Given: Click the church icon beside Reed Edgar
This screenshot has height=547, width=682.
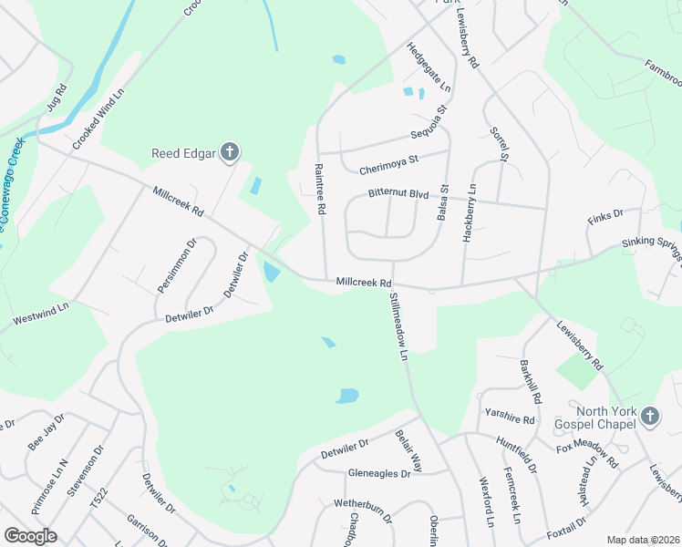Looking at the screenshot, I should tap(230, 152).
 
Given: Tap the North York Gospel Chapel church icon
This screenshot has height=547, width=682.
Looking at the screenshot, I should tap(649, 416).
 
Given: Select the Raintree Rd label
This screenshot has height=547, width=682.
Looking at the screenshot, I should tap(320, 189).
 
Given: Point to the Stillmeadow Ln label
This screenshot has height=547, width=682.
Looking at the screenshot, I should tap(398, 327).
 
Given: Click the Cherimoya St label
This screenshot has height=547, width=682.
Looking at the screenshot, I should tap(387, 160).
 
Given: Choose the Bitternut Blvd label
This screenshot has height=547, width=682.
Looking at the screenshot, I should tap(398, 194).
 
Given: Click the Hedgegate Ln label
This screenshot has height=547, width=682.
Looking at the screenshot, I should tap(429, 68).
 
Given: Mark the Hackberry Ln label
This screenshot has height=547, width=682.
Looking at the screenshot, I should tap(470, 212).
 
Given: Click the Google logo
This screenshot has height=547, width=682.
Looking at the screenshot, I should tap(30, 536).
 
